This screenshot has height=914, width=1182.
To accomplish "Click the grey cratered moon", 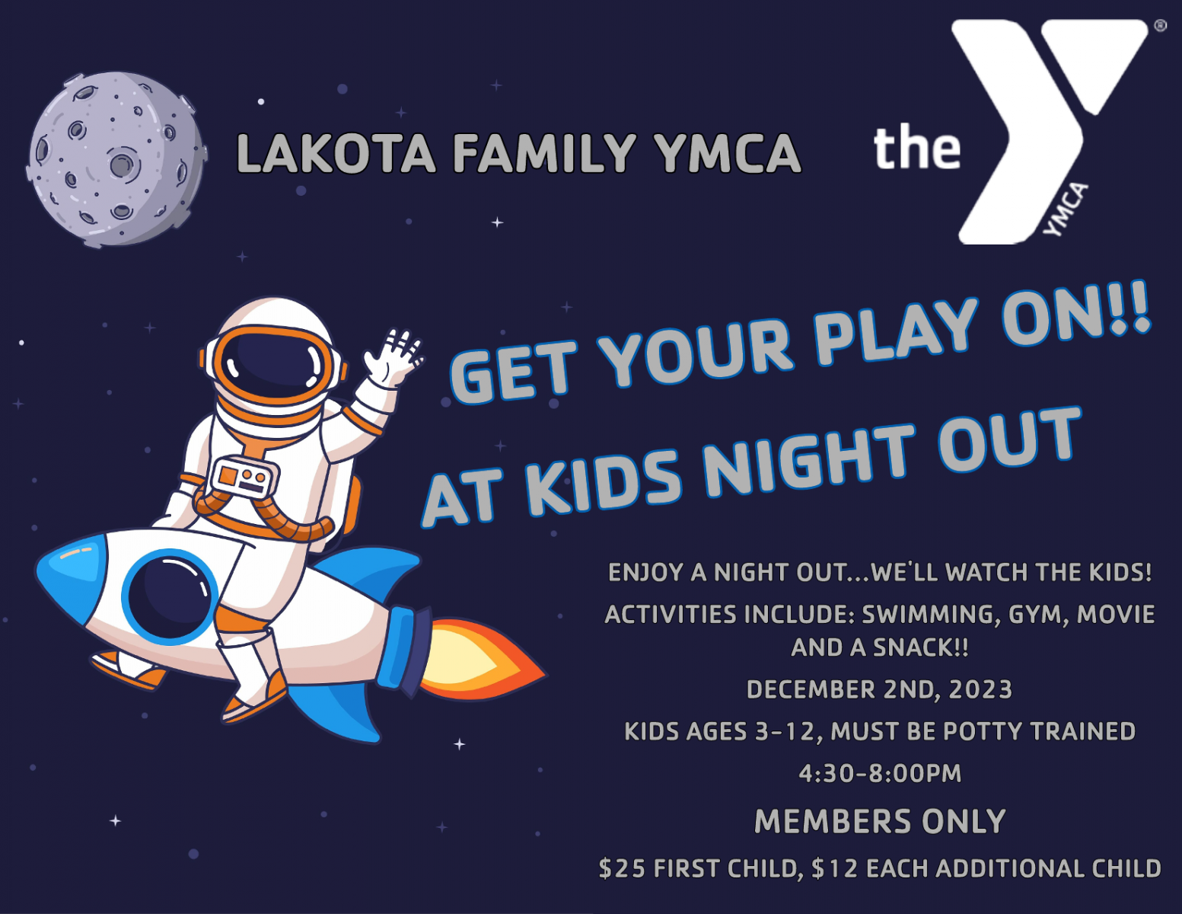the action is (117, 159).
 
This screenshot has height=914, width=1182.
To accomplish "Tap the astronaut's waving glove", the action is (393, 358).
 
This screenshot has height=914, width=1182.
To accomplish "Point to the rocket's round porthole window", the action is (170, 597).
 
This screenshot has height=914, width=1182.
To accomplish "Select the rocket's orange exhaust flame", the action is (479, 660).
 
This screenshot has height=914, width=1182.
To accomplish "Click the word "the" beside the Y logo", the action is (917, 146).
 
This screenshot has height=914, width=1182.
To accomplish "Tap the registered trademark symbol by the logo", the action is (1160, 26).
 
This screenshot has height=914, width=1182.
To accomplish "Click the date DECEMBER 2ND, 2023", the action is (879, 690).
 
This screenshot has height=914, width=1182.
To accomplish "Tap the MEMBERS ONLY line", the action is (880, 821).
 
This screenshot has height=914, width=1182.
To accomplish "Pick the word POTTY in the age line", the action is (983, 731).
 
